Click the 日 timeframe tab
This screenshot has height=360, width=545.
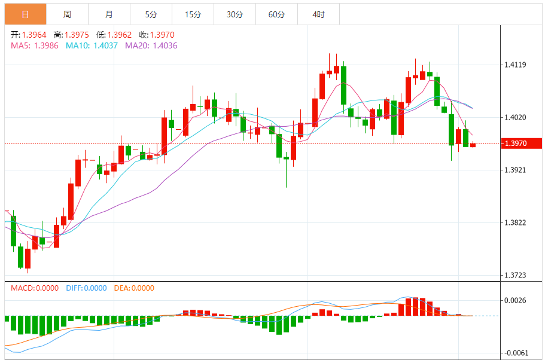25,14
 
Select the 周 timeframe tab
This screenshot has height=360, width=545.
67,14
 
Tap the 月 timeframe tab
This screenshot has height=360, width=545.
108,14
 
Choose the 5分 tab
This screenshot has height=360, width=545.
151,14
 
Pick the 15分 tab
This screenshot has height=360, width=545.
193,14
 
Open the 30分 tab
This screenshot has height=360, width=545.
235,14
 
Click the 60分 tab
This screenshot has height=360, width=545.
276,14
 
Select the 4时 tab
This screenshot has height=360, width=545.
318,14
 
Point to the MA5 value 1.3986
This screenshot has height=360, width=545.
46,45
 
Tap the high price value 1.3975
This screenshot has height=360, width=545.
77,35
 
